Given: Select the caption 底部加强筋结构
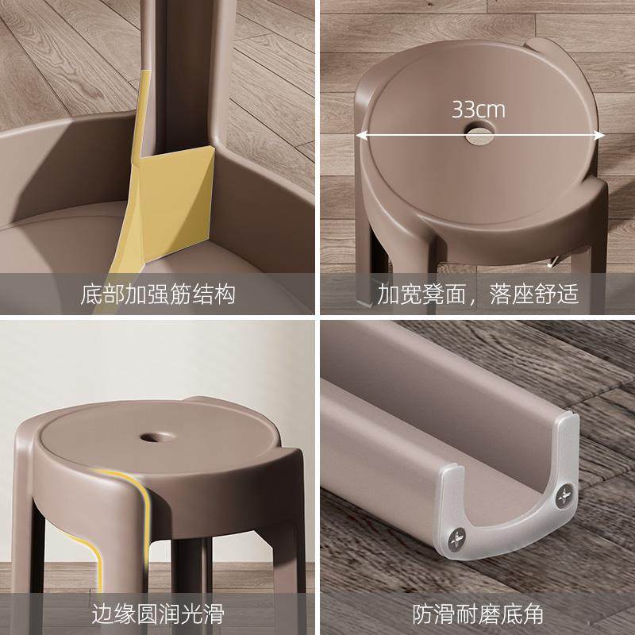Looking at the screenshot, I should [159, 295].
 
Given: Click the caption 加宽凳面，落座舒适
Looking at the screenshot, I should [478, 295].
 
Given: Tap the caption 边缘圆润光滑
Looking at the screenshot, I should [159, 613].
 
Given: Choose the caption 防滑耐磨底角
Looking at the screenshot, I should [478, 613].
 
